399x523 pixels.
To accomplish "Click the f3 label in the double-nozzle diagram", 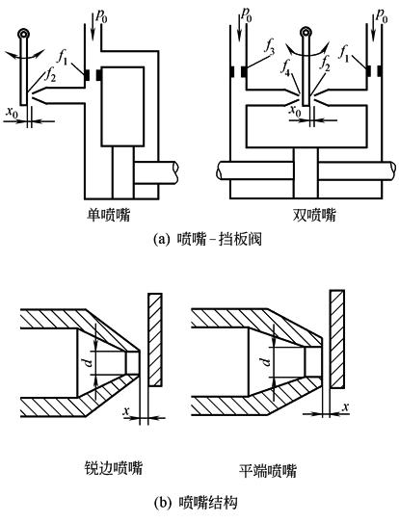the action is click(x=270, y=47).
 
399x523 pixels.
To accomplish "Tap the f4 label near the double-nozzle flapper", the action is click(x=285, y=68).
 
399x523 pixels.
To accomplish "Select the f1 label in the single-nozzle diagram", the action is click(x=63, y=58).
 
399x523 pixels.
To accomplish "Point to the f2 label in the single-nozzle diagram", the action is click(x=50, y=75).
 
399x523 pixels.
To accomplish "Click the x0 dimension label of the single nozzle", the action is click(x=12, y=113).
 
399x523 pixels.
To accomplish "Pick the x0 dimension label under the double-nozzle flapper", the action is click(x=295, y=110).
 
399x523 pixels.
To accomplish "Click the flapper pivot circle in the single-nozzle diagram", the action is click(x=24, y=34).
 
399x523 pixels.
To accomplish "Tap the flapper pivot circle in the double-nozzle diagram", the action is click(x=306, y=33).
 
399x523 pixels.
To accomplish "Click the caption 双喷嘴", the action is click(x=314, y=215).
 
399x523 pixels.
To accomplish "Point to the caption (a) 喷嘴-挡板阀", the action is click(x=207, y=239).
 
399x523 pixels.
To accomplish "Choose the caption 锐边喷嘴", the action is click(x=114, y=468).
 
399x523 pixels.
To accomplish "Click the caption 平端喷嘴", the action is click(x=269, y=470).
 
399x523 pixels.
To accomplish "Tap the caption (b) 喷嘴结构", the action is click(x=197, y=502).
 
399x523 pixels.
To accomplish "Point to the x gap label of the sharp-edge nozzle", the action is click(x=126, y=411).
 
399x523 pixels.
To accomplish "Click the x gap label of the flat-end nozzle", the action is click(x=346, y=406).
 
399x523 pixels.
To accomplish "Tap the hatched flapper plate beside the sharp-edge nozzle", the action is click(x=155, y=340).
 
